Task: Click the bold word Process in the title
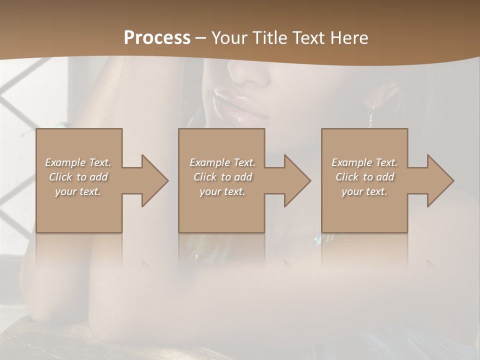(157, 38)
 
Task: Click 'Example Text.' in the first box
(78, 162)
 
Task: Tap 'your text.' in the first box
(78, 191)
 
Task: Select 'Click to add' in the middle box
(222, 177)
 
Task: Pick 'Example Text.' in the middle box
(222, 162)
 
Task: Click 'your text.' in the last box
(364, 191)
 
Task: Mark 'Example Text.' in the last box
(364, 162)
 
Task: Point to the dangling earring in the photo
(371, 117)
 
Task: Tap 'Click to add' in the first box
(78, 177)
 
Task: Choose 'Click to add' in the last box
(364, 177)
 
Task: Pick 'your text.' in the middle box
(222, 191)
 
